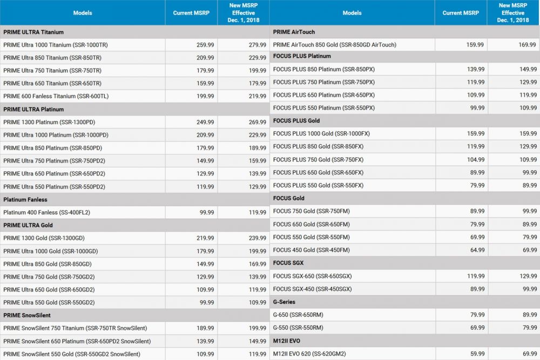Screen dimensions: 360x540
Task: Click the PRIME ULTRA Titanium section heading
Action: [33, 32]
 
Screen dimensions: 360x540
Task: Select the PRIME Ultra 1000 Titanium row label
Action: [56, 45]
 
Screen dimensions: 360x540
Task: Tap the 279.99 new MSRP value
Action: [256, 45]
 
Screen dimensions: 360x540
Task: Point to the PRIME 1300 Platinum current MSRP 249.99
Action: [205, 122]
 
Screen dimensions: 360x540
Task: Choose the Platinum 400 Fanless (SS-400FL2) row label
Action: [47, 212]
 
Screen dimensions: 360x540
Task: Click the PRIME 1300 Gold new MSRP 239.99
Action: [256, 238]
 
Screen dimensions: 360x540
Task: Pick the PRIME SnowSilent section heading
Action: [27, 315]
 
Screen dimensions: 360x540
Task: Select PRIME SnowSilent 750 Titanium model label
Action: [75, 328]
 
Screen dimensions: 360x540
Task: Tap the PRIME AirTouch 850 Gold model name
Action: [335, 45]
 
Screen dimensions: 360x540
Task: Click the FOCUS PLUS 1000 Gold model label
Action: [322, 133]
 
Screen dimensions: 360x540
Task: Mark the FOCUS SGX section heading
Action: [288, 263]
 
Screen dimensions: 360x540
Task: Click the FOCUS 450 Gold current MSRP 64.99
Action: [476, 250]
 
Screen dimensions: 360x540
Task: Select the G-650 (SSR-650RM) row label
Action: [298, 315]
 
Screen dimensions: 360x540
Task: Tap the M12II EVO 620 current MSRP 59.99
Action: [476, 354]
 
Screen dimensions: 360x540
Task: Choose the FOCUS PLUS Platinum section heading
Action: [302, 56]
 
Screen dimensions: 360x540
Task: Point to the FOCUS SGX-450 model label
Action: [313, 289]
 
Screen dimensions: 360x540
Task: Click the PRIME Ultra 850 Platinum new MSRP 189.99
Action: [256, 148]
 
